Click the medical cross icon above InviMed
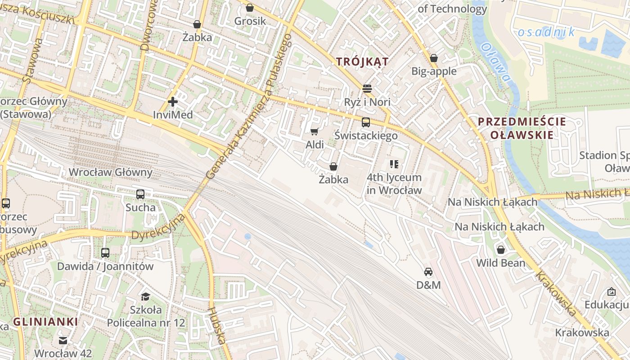[172, 102]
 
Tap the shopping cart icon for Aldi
[315, 131]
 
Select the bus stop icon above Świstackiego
[366, 122]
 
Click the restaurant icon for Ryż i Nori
[367, 89]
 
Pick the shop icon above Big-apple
[434, 58]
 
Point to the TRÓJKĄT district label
[362, 62]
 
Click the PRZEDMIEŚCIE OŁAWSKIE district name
[522, 128]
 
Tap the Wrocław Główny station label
[110, 172]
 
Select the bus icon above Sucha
[140, 194]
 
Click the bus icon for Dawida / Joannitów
[105, 253]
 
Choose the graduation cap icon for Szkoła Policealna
[145, 297]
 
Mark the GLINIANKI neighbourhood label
[45, 322]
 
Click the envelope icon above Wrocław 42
[63, 341]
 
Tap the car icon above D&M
[428, 272]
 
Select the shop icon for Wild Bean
[500, 250]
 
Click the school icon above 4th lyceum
[394, 164]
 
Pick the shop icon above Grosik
[250, 8]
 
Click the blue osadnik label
[546, 32]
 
